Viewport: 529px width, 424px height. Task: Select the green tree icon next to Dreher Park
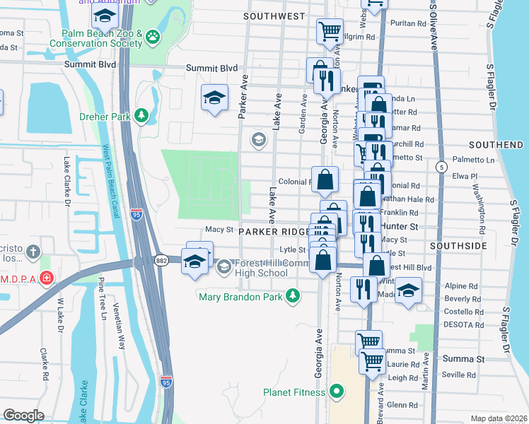[x=141, y=115]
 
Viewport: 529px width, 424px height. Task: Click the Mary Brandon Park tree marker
[x=291, y=297]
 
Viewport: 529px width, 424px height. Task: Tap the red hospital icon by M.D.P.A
[x=47, y=278]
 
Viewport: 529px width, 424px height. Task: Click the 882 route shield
[x=161, y=260]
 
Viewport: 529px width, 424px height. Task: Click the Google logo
[x=23, y=416]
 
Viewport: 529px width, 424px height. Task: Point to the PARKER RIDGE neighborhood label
[x=274, y=232]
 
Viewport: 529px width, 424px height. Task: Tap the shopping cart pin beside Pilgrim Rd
[x=330, y=31]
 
